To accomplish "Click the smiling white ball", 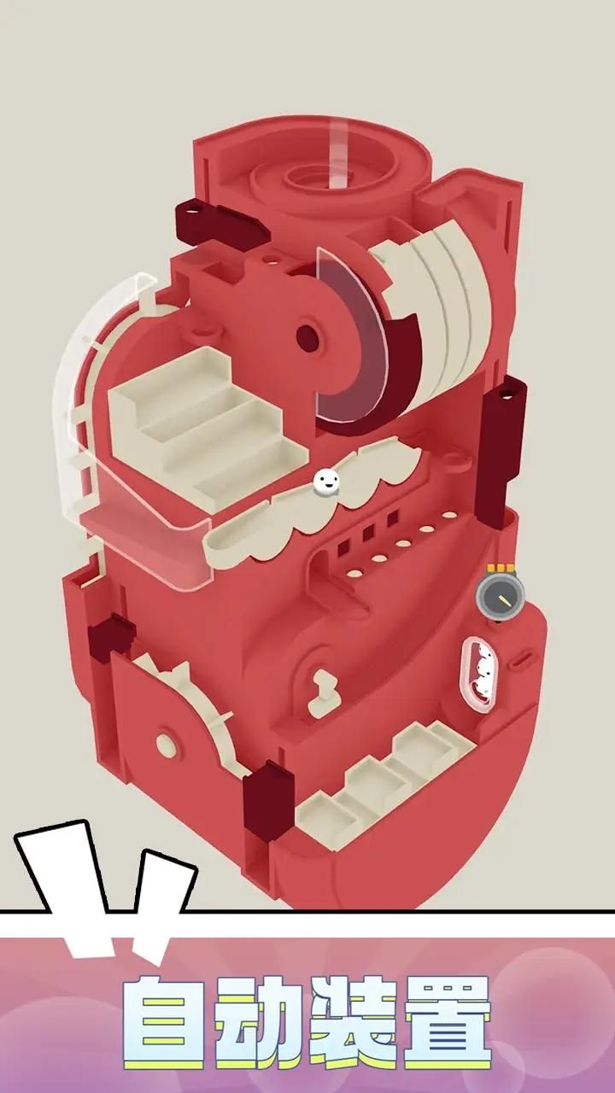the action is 325,482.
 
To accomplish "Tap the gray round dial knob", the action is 501,596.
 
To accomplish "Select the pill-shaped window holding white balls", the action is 480,675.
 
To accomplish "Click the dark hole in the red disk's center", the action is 307,337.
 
